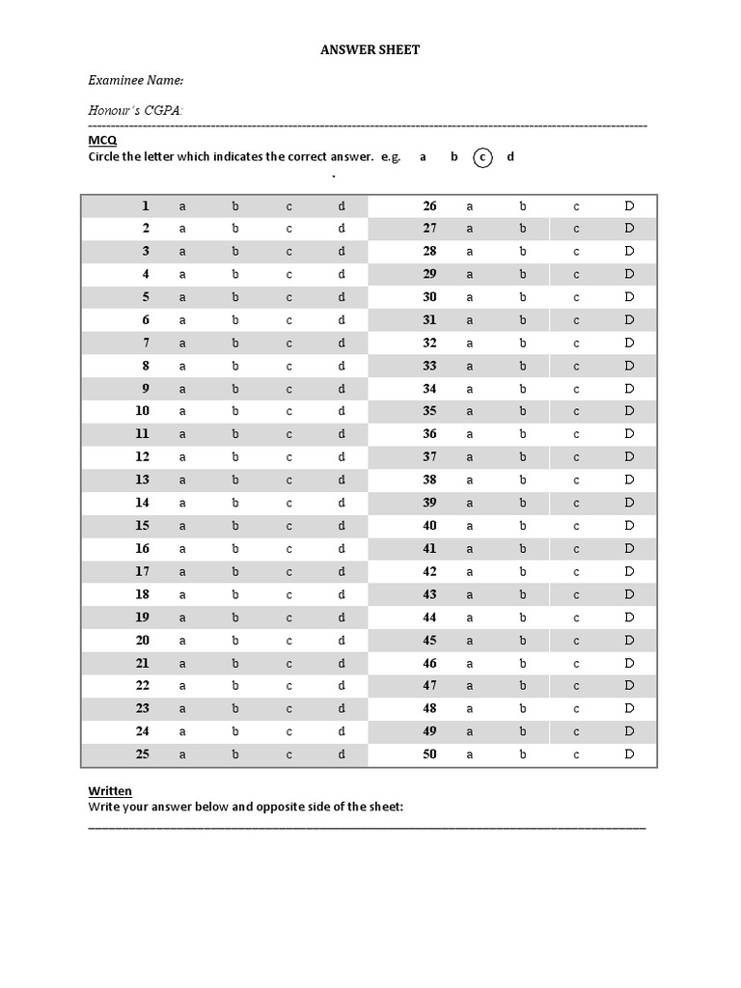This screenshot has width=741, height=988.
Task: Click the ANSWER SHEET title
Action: (x=370, y=49)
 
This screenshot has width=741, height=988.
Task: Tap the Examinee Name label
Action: (x=136, y=80)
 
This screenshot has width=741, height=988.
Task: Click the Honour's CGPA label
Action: (x=136, y=111)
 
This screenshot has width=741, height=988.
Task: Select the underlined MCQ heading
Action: (x=102, y=141)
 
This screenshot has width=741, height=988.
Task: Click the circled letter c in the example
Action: (x=482, y=157)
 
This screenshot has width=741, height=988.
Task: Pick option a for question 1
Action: (x=181, y=206)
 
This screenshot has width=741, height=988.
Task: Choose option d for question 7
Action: (x=341, y=343)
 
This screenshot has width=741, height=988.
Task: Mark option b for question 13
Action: (x=234, y=480)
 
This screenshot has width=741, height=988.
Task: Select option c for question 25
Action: (x=288, y=755)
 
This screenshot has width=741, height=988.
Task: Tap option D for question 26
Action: (x=629, y=206)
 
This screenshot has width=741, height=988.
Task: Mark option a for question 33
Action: (x=470, y=366)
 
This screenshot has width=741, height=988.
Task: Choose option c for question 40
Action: (x=576, y=526)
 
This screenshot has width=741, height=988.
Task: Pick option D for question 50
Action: (x=629, y=755)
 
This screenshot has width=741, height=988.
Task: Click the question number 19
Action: (x=142, y=617)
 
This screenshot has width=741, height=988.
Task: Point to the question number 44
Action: (x=429, y=617)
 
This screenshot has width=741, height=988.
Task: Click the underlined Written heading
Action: (x=110, y=791)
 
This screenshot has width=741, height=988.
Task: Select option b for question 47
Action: (x=523, y=686)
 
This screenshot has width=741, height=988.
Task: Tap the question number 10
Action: (x=142, y=411)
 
